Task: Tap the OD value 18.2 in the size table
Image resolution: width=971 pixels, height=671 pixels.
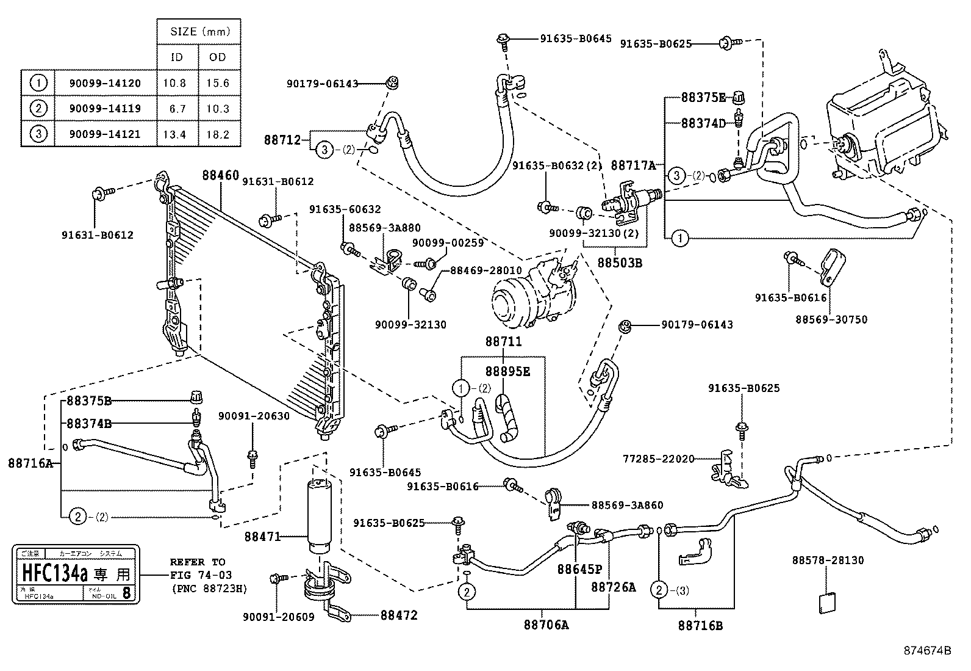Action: tap(217, 134)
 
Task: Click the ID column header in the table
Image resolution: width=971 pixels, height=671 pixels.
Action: tap(176, 57)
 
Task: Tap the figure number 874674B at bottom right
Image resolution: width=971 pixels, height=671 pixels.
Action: tap(927, 651)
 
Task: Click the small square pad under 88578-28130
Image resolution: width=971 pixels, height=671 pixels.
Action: tap(826, 603)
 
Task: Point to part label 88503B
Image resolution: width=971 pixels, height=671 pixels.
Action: tap(619, 263)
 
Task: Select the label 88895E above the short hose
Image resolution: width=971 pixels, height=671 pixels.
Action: tap(507, 371)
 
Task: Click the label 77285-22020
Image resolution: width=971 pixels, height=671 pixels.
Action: tap(658, 459)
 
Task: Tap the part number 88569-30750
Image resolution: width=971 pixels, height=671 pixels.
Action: tap(831, 319)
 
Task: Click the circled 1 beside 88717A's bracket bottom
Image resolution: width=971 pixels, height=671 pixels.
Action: tap(680, 238)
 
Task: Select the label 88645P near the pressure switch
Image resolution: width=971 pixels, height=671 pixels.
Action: tap(579, 570)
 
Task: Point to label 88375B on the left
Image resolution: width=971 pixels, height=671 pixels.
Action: tap(88, 401)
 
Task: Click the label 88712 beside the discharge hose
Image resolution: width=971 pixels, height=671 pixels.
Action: tap(282, 140)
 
